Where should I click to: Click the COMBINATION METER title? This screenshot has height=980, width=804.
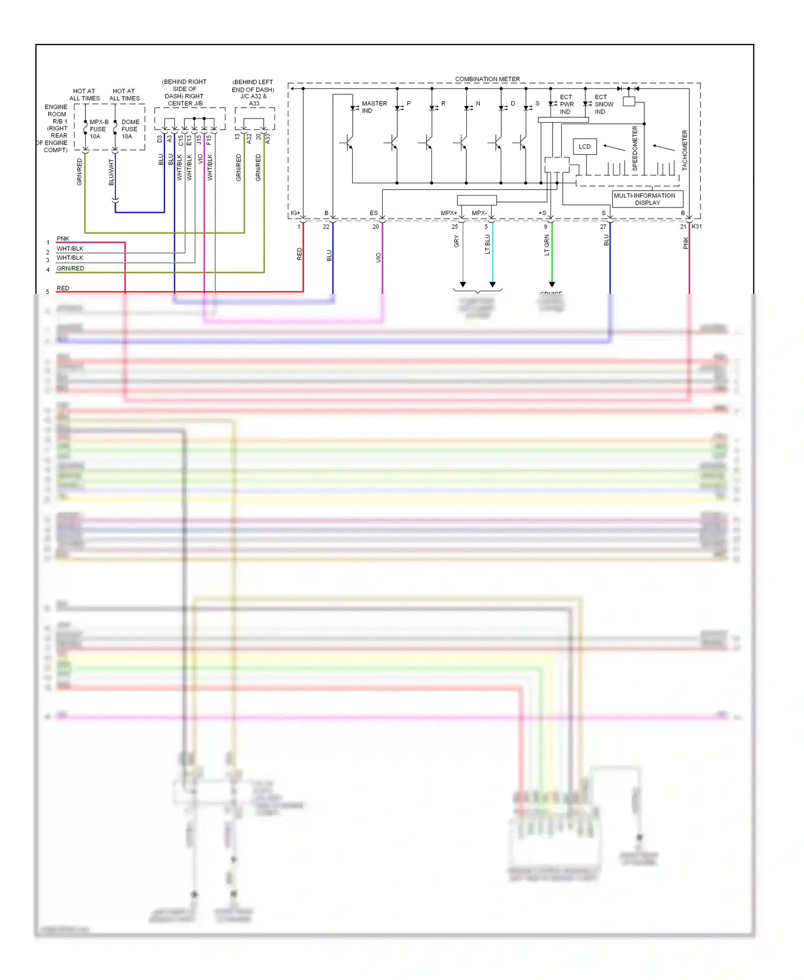click(x=487, y=79)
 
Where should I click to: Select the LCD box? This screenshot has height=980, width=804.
click(x=584, y=146)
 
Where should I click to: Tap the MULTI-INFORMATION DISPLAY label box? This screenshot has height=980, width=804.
click(x=647, y=199)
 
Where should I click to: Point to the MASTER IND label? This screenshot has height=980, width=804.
click(x=374, y=107)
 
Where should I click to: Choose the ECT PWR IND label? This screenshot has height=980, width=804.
click(x=566, y=105)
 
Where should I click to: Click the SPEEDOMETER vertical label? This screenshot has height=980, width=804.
click(x=635, y=149)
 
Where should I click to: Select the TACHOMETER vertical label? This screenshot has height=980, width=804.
click(x=684, y=150)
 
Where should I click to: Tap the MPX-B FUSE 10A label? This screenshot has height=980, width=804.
click(x=98, y=129)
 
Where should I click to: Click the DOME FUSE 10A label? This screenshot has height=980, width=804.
click(x=130, y=129)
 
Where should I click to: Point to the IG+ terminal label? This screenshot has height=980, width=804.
click(x=295, y=213)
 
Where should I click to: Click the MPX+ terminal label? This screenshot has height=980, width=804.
click(x=449, y=213)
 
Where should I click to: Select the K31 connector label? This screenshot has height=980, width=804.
click(x=697, y=226)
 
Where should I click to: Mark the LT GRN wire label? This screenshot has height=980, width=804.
click(x=547, y=245)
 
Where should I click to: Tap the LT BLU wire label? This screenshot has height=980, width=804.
click(x=487, y=244)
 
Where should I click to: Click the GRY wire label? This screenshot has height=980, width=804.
click(x=456, y=241)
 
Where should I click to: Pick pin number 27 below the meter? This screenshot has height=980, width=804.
click(x=603, y=227)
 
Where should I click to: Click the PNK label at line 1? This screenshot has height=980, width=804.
click(x=63, y=239)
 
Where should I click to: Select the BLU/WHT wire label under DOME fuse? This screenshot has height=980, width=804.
click(x=111, y=172)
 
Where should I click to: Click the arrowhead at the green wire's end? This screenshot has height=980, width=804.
click(x=552, y=285)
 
